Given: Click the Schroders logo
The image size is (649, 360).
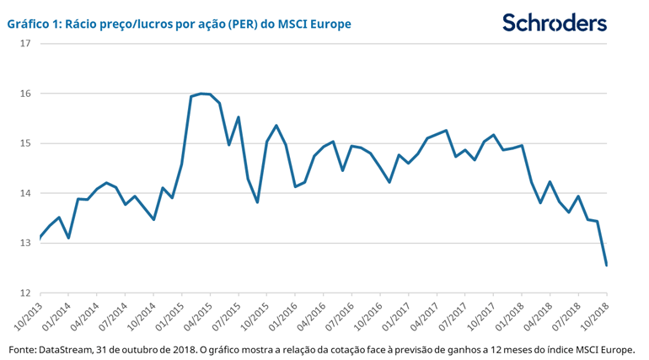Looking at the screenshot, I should [x=554, y=23].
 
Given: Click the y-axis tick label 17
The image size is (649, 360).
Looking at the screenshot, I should [x=24, y=43].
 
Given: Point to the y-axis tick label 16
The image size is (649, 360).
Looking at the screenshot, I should [x=24, y=94].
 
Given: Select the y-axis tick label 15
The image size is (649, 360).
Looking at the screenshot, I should [x=24, y=143].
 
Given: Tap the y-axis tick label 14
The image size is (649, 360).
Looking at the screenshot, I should [x=24, y=194].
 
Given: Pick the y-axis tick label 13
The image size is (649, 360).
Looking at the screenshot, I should [x=24, y=244].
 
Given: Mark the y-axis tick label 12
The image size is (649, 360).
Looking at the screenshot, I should [x=24, y=293].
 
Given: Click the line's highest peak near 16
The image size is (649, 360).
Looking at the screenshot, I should [x=201, y=94].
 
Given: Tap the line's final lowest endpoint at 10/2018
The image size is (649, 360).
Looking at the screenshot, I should [x=607, y=266].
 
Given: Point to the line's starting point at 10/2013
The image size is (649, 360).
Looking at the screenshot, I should [x=40, y=238].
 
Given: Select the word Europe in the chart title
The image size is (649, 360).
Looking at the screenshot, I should [x=330, y=24].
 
